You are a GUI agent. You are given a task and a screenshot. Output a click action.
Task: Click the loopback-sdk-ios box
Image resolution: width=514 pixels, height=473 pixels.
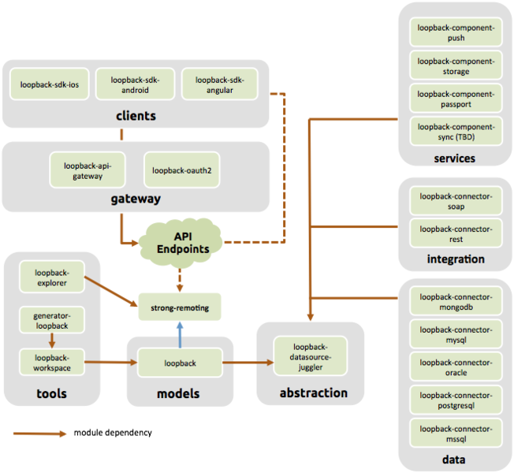point(50,84)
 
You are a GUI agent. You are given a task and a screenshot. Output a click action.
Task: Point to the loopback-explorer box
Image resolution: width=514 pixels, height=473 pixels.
point(51,277)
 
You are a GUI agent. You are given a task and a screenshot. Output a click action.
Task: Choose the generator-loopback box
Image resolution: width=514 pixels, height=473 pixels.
point(51,320)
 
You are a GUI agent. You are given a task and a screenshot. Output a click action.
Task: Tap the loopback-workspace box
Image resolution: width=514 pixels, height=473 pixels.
point(51,362)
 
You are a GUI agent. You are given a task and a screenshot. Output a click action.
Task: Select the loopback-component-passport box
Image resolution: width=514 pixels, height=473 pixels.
point(456,99)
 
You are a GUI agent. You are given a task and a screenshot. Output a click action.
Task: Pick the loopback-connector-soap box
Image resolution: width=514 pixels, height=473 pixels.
point(456,201)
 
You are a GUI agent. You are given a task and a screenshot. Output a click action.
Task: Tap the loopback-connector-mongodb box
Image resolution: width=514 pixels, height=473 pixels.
point(456,302)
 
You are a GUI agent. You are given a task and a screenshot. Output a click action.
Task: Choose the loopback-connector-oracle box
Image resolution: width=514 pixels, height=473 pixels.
point(456,367)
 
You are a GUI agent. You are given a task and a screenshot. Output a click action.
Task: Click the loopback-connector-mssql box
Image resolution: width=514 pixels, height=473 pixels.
point(456,434)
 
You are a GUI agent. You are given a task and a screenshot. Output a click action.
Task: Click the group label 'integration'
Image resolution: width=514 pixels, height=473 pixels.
point(455,259)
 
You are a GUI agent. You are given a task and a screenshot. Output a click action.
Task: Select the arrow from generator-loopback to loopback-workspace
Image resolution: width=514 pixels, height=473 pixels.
point(51,341)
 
